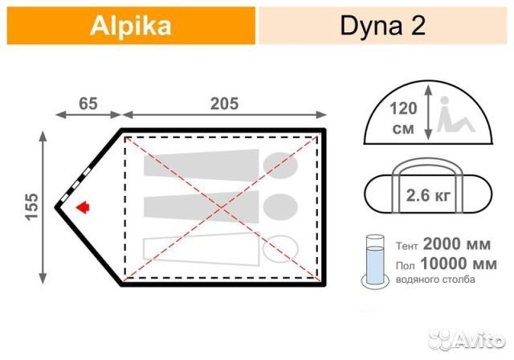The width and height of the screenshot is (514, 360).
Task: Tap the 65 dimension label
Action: (87, 103)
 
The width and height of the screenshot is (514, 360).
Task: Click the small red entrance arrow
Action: (81, 207)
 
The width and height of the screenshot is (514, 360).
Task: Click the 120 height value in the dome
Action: (402, 108)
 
